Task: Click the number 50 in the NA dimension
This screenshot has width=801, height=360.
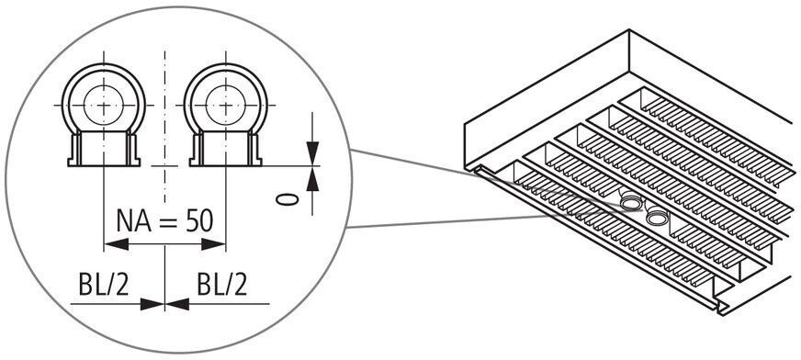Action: coord(199,220)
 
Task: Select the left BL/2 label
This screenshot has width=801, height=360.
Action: coord(104,285)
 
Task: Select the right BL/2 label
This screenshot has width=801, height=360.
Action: coord(222,285)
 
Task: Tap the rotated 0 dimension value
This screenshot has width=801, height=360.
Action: coord(288,199)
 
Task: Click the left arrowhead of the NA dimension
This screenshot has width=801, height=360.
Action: coord(116,244)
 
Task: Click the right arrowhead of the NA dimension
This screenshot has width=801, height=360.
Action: coord(213,244)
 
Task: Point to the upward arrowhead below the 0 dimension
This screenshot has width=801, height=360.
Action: coord(312,179)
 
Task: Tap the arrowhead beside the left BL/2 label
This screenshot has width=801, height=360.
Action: coord(152,304)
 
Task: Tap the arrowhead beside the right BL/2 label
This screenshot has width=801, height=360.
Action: coord(177,304)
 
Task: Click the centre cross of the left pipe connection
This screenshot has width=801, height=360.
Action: coord(104,106)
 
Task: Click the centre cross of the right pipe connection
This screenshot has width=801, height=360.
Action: coord(226,106)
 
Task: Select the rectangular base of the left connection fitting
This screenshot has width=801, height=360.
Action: coord(104,149)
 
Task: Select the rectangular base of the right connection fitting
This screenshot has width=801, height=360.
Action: coord(226,149)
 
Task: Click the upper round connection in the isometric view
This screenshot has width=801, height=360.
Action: coord(632,204)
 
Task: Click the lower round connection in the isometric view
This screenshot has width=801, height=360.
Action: coord(657,218)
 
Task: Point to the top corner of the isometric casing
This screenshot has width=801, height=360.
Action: coord(629,30)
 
